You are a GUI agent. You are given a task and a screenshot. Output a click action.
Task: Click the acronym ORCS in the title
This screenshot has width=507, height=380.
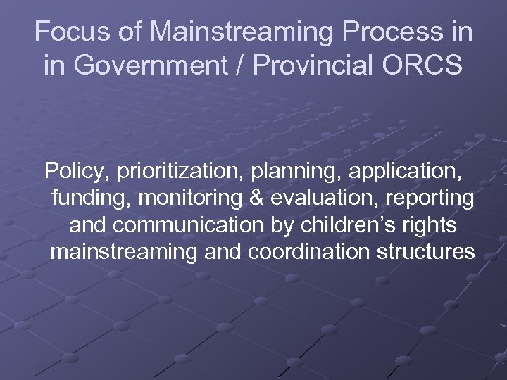click(x=432, y=65)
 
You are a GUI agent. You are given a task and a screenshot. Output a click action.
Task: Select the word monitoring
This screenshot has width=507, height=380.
click(x=187, y=199)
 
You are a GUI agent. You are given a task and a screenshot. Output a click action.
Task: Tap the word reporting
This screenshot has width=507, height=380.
click(x=432, y=199)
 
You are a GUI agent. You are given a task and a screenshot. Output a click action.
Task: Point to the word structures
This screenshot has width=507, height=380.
click(x=428, y=252)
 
